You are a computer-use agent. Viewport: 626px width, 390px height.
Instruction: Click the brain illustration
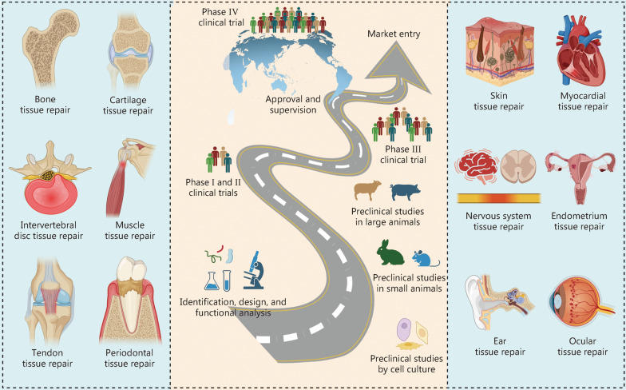click(x=479, y=169)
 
